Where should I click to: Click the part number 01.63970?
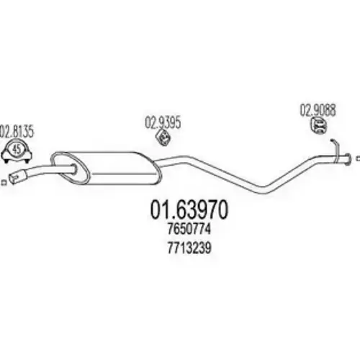189,210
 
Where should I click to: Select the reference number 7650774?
189,229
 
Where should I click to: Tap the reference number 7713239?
189,248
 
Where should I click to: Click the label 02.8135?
17,132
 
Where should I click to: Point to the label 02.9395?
163,122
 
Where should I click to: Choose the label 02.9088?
318,110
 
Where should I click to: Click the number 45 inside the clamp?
17,150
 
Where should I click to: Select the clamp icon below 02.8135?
17,152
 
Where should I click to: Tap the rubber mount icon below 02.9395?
163,138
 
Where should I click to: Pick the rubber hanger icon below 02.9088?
318,126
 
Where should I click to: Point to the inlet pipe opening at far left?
12,179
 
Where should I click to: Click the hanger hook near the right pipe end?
336,147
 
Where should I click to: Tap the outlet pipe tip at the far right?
348,158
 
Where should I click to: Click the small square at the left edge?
4,183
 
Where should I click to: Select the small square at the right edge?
359,158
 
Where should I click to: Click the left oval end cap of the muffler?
71,168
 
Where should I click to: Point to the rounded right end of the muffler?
156,168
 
